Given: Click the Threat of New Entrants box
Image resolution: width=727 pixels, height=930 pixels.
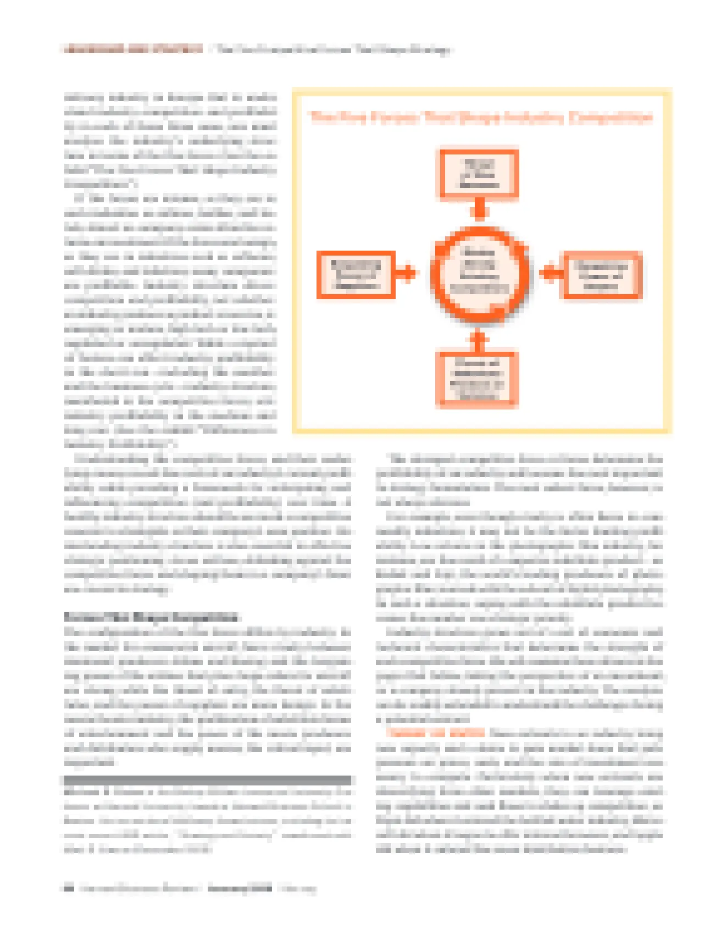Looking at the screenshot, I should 479,174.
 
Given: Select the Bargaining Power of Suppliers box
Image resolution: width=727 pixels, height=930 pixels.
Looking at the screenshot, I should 356,274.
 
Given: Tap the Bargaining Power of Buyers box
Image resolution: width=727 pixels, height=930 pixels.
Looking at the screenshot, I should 602,274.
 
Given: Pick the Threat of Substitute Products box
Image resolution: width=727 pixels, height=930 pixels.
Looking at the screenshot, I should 477,379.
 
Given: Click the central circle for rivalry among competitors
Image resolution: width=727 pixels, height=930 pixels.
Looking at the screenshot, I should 479,273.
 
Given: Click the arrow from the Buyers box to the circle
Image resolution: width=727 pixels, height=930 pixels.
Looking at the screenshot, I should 551,273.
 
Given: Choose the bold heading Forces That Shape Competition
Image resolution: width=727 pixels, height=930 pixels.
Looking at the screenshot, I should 151,617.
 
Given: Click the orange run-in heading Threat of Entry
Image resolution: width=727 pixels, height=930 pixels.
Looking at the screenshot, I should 435,733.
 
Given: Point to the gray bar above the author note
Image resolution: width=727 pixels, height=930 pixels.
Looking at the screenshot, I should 207,780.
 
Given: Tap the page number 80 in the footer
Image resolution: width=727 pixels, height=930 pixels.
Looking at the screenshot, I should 69,888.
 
